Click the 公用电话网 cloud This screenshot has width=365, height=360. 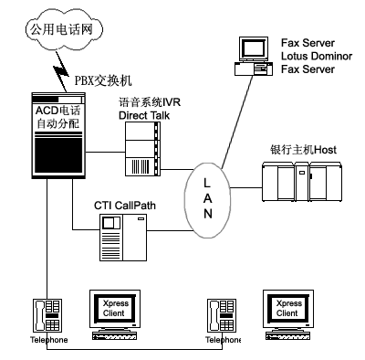tap(63, 29)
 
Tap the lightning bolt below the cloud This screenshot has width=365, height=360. tap(61, 71)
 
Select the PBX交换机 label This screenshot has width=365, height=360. tap(103, 80)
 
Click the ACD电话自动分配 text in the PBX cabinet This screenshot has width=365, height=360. tap(57, 117)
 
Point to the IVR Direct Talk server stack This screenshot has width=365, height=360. tap(142, 149)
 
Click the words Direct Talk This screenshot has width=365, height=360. tap(144, 115)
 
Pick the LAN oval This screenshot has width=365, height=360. tap(207, 199)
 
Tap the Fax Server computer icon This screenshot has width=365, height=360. tap(254, 57)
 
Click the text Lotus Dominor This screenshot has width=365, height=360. tap(317, 56)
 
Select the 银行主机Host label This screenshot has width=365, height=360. tap(303, 150)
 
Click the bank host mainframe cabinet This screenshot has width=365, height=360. tap(302, 182)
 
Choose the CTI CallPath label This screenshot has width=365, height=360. tap(125, 206)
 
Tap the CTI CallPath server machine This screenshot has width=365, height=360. tap(123, 238)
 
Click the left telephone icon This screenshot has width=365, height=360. tap(47, 315)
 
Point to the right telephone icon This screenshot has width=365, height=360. tap(222, 315)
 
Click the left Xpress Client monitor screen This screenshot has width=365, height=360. tap(115, 308)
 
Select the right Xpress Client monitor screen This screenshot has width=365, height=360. tap(288, 308)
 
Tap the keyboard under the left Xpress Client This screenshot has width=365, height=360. tap(114, 335)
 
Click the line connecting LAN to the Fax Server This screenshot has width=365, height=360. tap(237, 122)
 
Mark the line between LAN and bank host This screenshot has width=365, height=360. tap(246, 187)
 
